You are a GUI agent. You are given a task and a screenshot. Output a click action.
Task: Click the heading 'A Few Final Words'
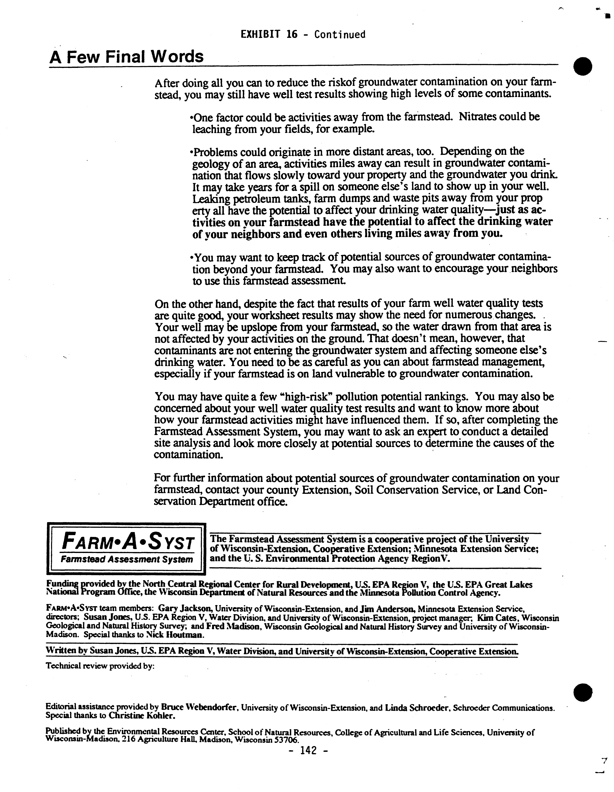pyautogui.click(x=126, y=57)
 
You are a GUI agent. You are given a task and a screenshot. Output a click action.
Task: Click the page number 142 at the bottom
pyautogui.click(x=309, y=750)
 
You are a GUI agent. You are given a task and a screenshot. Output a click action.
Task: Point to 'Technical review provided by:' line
pyautogui.click(x=100, y=666)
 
